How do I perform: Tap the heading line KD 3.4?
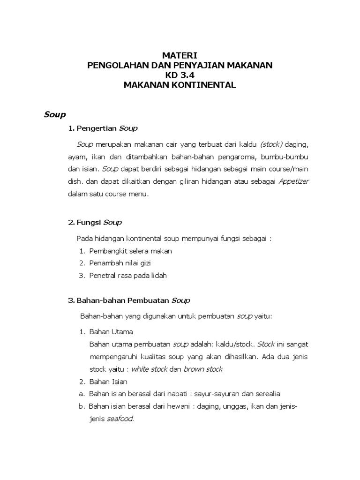pos(180,75)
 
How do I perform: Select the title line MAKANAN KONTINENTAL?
pos(180,85)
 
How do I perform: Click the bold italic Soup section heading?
pos(55,114)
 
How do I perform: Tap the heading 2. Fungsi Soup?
pos(95,222)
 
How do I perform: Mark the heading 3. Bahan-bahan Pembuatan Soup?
pos(129,300)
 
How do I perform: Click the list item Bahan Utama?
pos(111,332)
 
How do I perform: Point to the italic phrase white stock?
pos(149,369)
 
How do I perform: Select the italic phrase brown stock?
pos(202,369)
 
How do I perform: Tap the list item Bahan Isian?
pos(108,382)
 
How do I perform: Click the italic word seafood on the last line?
pos(120,419)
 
